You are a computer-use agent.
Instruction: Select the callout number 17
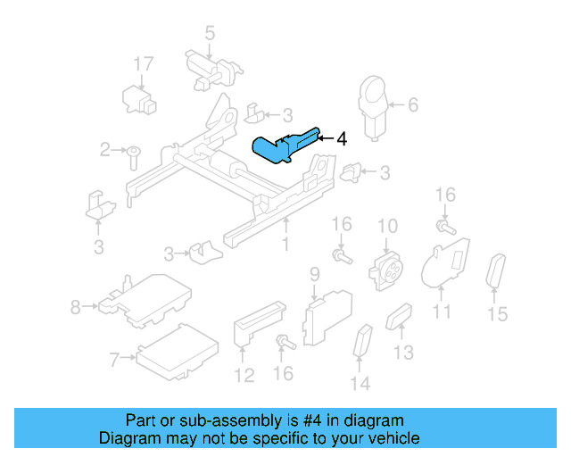click(144, 64)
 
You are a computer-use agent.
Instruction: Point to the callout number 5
click(210, 34)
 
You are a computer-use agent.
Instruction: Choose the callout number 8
click(75, 308)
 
